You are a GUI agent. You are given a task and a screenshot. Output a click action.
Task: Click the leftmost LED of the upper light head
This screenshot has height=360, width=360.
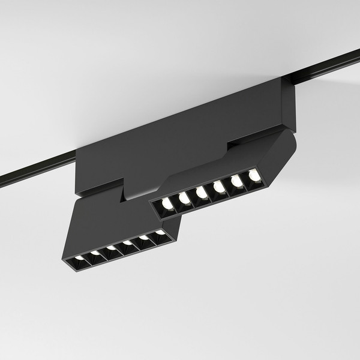pyautogui.click(x=167, y=205)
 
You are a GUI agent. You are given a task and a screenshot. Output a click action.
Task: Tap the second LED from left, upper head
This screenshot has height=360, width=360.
pyautogui.click(x=184, y=199)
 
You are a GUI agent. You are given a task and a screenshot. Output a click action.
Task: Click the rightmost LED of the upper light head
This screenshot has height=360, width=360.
pyautogui.click(x=255, y=175)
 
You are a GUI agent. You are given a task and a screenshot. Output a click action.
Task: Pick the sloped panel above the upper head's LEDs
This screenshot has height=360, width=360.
pyautogui.click(x=222, y=165)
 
